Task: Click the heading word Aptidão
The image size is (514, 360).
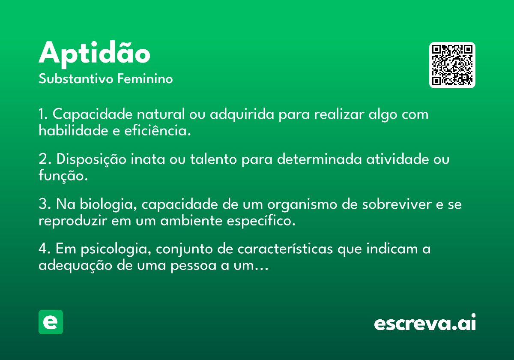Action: click(x=94, y=54)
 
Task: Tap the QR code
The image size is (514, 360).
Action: click(x=452, y=65)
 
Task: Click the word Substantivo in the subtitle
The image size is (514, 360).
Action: click(x=76, y=78)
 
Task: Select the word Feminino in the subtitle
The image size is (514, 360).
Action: click(x=145, y=78)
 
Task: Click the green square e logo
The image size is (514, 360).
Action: click(x=51, y=322)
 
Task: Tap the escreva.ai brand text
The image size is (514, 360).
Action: click(x=425, y=322)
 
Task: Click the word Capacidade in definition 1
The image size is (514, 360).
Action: click(x=93, y=114)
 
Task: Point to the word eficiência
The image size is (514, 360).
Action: click(x=158, y=130)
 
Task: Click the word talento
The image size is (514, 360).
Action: click(x=213, y=159)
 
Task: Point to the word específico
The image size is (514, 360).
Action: click(x=261, y=221)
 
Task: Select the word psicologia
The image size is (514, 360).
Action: click(x=116, y=249)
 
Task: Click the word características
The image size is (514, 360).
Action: click(x=285, y=249)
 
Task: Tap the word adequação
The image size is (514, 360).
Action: click(x=75, y=266)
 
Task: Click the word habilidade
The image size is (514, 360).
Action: click(x=73, y=130)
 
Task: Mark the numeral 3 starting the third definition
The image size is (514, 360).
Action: click(x=43, y=204)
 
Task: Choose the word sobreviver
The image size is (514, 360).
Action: click(x=397, y=204)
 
